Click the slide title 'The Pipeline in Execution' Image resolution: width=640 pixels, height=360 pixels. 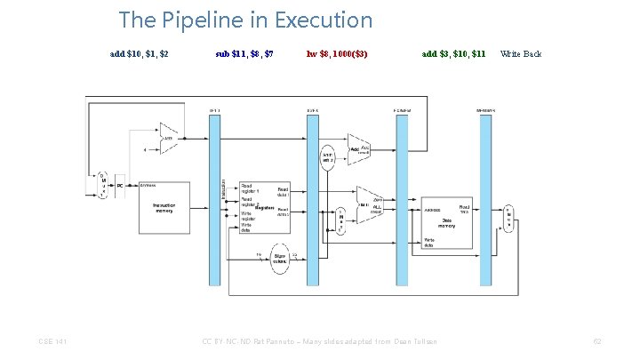245,20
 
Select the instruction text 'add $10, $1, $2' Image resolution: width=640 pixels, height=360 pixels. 140,54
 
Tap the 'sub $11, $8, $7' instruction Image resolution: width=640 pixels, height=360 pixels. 244,54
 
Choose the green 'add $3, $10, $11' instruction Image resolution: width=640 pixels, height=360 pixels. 453,54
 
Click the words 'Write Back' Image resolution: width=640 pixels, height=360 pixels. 521,54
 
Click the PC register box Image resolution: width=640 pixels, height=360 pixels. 120,186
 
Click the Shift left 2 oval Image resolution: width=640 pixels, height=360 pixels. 327,157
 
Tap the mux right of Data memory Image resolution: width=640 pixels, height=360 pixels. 508,214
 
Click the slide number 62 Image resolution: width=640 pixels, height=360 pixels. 597,342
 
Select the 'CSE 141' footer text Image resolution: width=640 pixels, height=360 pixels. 52,342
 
